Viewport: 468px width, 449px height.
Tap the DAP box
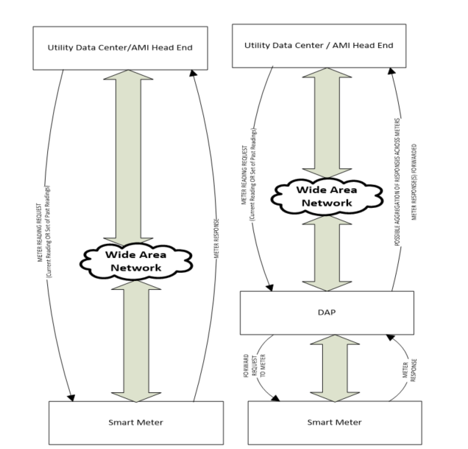[327, 311]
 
